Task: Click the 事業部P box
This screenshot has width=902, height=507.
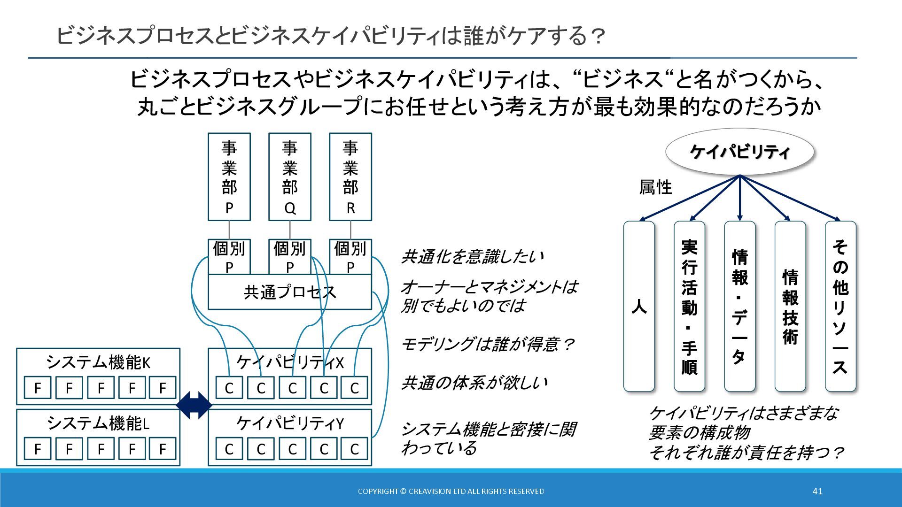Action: [229, 177]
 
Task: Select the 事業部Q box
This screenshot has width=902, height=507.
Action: [290, 177]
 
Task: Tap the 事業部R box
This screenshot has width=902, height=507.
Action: [350, 177]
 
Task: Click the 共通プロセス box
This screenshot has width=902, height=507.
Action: [290, 292]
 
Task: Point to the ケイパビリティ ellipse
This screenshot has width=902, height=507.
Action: [739, 152]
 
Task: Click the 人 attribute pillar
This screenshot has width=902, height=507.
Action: [639, 306]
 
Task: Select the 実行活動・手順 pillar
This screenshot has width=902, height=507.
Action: [689, 306]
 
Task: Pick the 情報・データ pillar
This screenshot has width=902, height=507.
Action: [739, 306]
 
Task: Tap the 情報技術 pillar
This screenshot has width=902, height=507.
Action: [790, 306]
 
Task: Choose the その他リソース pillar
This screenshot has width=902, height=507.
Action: [840, 306]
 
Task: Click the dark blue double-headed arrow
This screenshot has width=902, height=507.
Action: [194, 405]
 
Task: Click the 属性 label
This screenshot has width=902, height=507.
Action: [655, 187]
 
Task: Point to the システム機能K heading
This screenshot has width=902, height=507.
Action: [98, 362]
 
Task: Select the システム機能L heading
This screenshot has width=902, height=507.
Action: [98, 423]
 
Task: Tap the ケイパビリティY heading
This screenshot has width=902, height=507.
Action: [290, 423]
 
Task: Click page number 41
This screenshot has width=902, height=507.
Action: [817, 491]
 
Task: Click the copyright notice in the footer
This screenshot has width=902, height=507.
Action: [451, 491]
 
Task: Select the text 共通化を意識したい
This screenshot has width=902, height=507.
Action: [473, 257]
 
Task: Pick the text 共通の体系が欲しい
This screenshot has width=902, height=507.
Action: [474, 383]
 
